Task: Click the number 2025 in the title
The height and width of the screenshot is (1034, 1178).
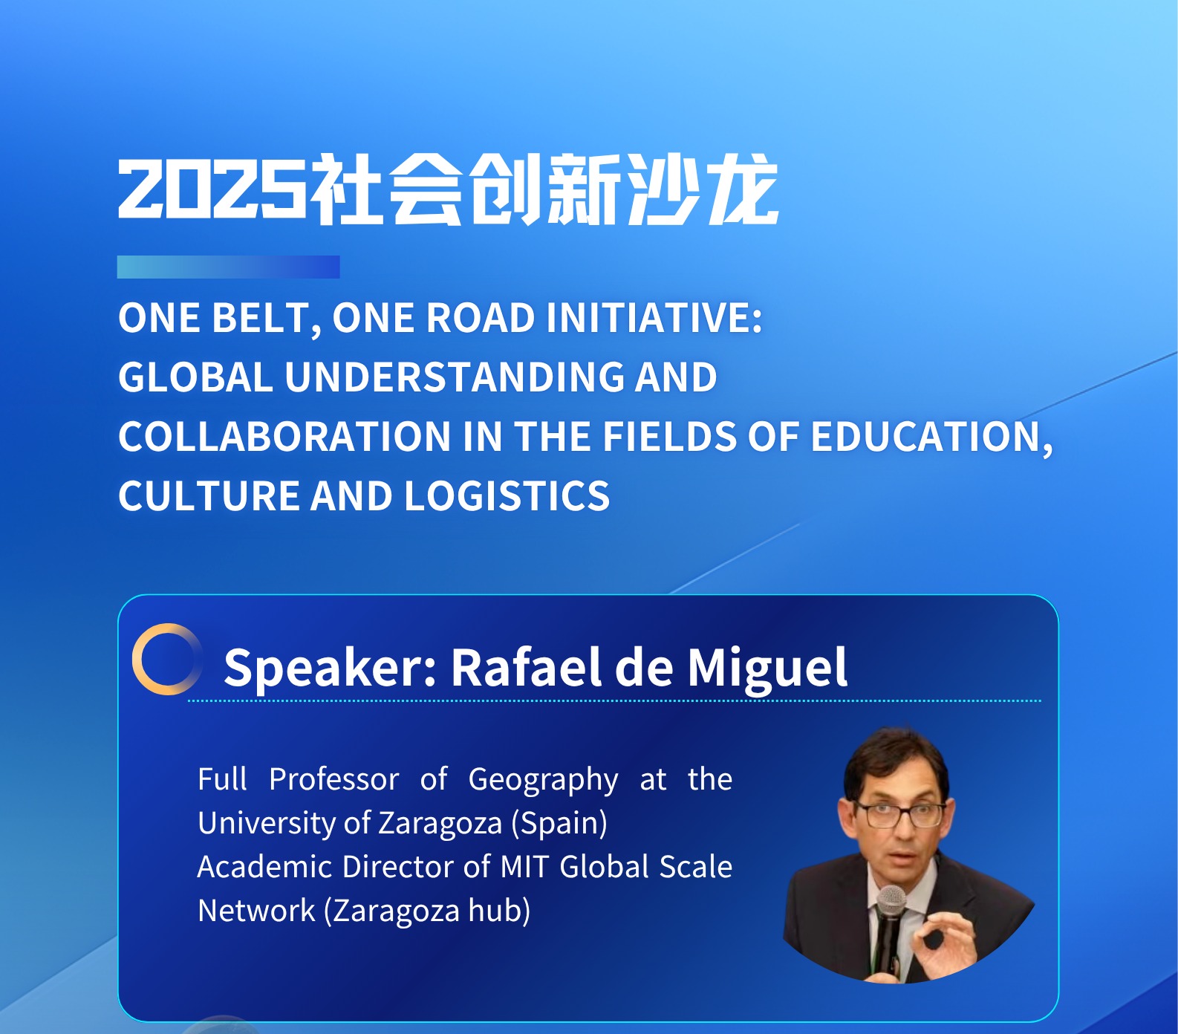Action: [212, 189]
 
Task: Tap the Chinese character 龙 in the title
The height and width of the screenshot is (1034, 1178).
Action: [742, 189]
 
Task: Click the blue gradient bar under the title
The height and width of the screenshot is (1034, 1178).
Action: [228, 267]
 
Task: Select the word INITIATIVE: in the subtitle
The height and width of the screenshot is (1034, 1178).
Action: [654, 318]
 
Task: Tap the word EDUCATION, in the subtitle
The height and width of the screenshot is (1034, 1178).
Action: [931, 438]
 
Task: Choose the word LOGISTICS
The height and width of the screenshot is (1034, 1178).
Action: [507, 495]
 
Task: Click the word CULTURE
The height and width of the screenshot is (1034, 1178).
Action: [209, 495]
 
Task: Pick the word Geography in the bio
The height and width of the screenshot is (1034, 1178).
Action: [543, 780]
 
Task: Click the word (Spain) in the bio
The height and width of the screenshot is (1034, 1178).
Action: [559, 824]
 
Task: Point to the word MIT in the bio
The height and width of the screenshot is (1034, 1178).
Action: [524, 867]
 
